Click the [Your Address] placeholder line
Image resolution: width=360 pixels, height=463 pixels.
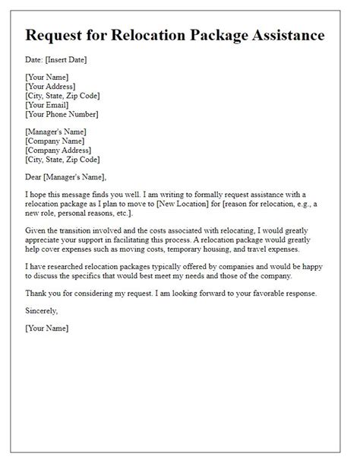57,87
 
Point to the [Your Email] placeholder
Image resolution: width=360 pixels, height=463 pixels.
52,106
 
